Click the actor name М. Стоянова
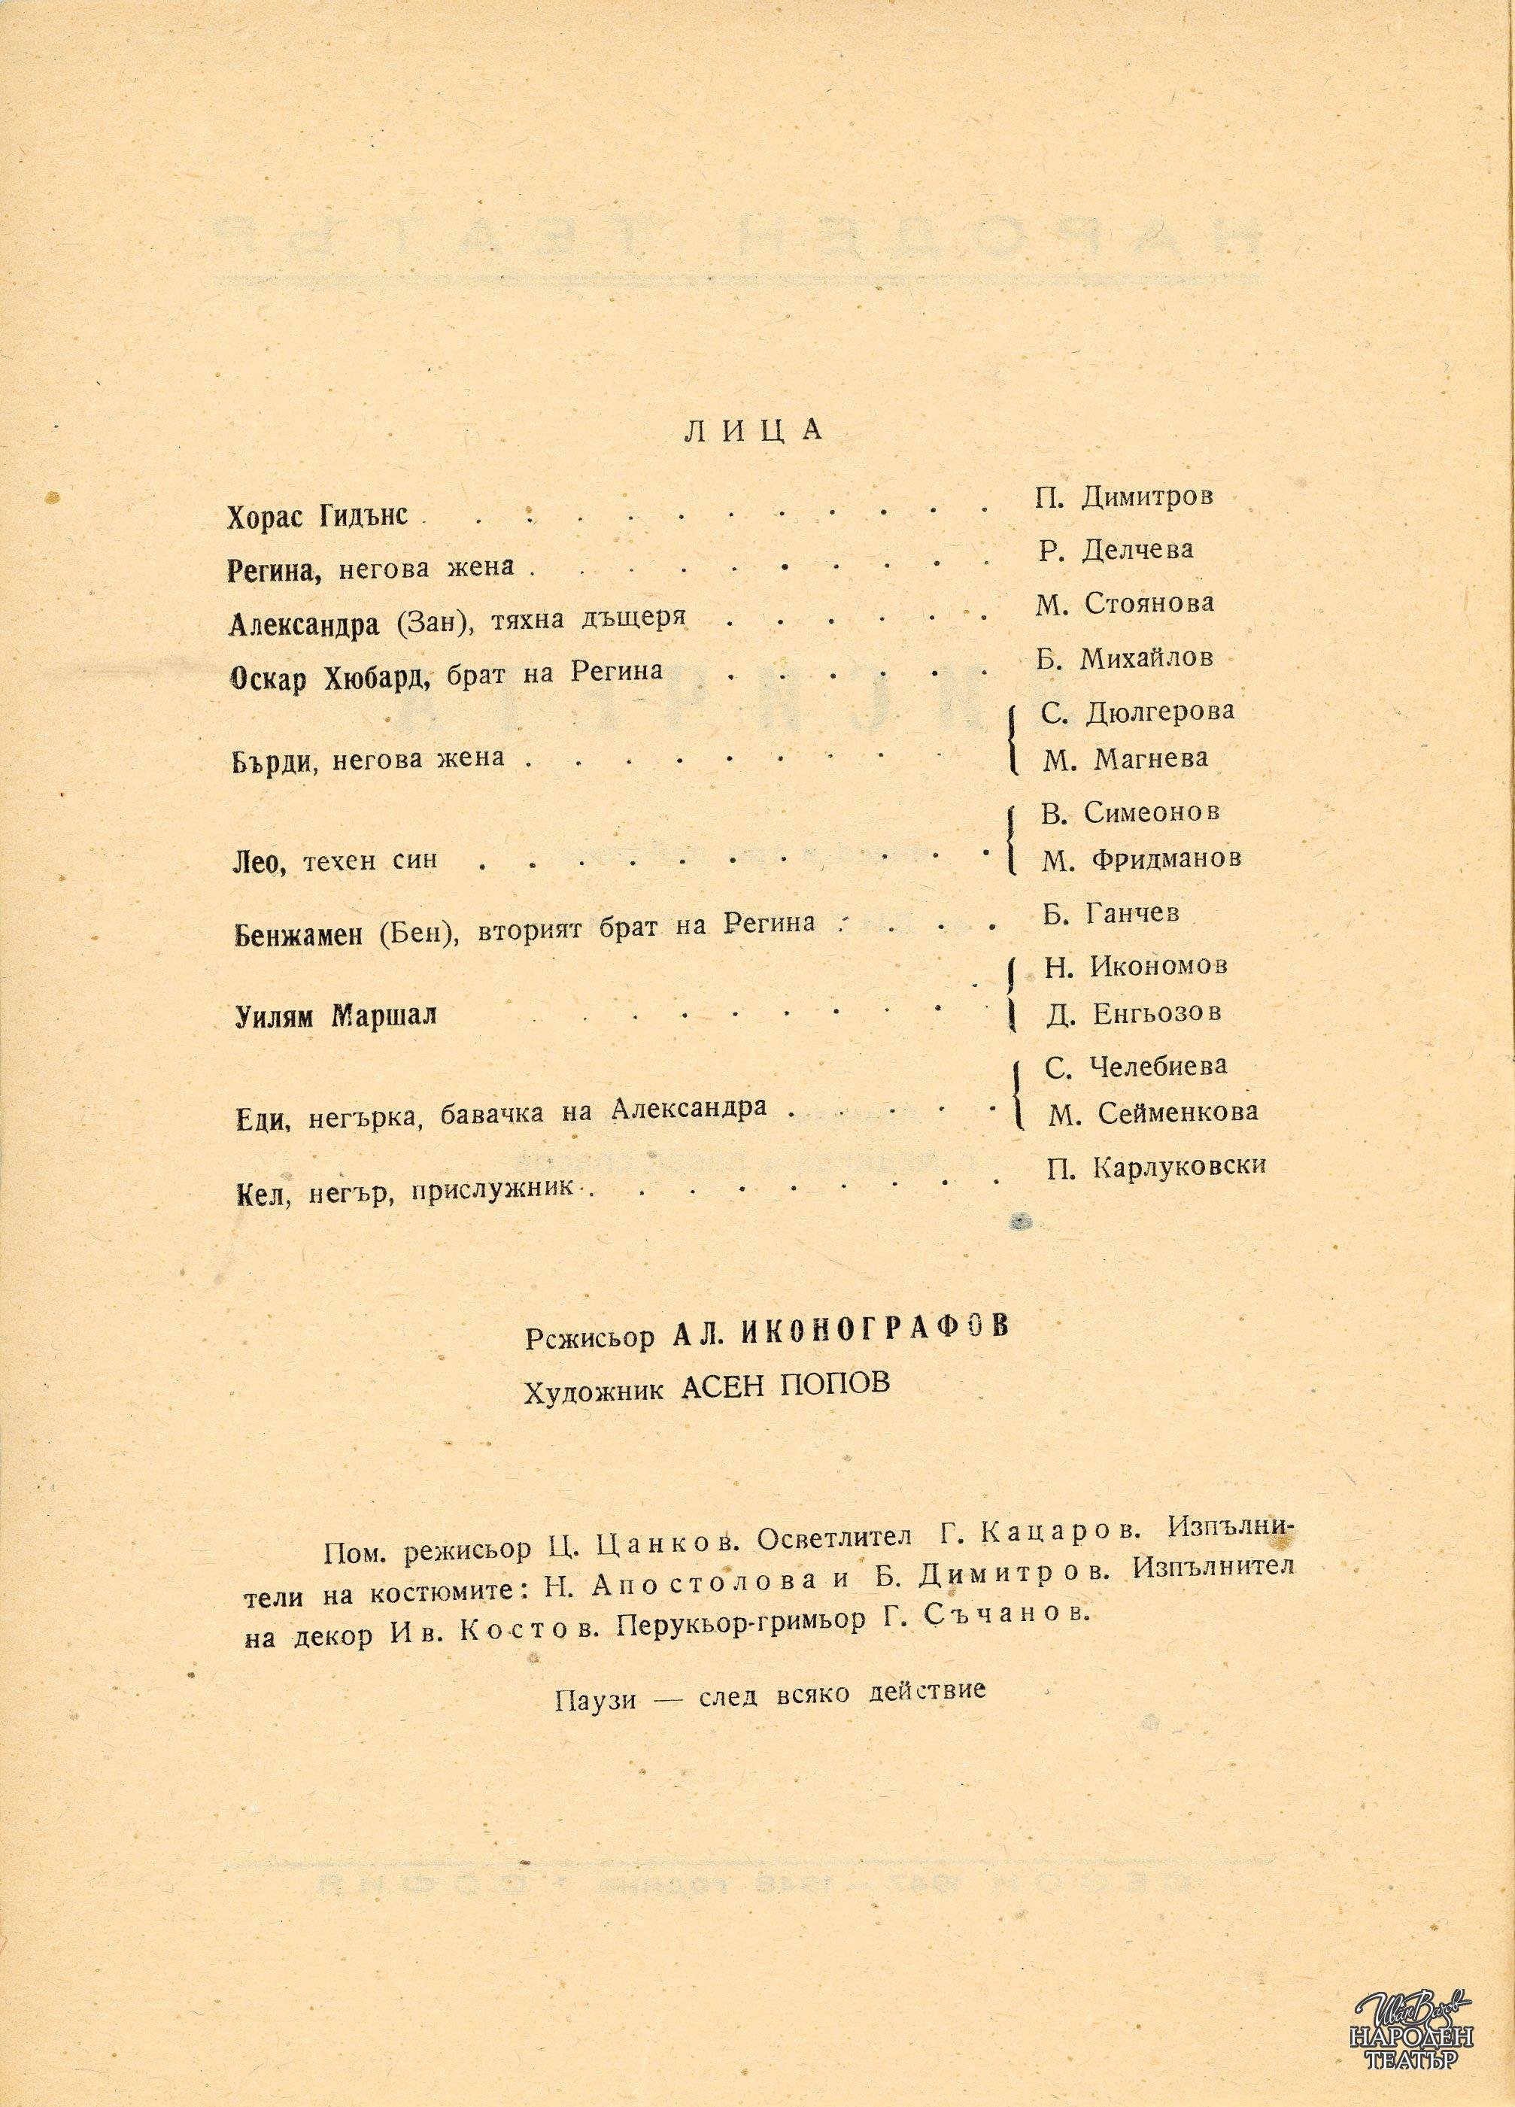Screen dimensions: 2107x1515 click(x=1124, y=604)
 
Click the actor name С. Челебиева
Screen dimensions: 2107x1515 click(x=1136, y=1067)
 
